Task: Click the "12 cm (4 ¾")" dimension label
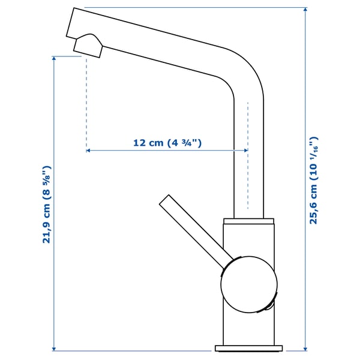[167, 143]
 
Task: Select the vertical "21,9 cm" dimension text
[47, 205]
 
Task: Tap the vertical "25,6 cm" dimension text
[313, 180]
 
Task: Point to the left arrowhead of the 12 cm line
[89, 151]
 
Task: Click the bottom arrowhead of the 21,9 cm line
[55, 348]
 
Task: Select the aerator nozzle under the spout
[88, 46]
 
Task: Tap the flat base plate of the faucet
[248, 348]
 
